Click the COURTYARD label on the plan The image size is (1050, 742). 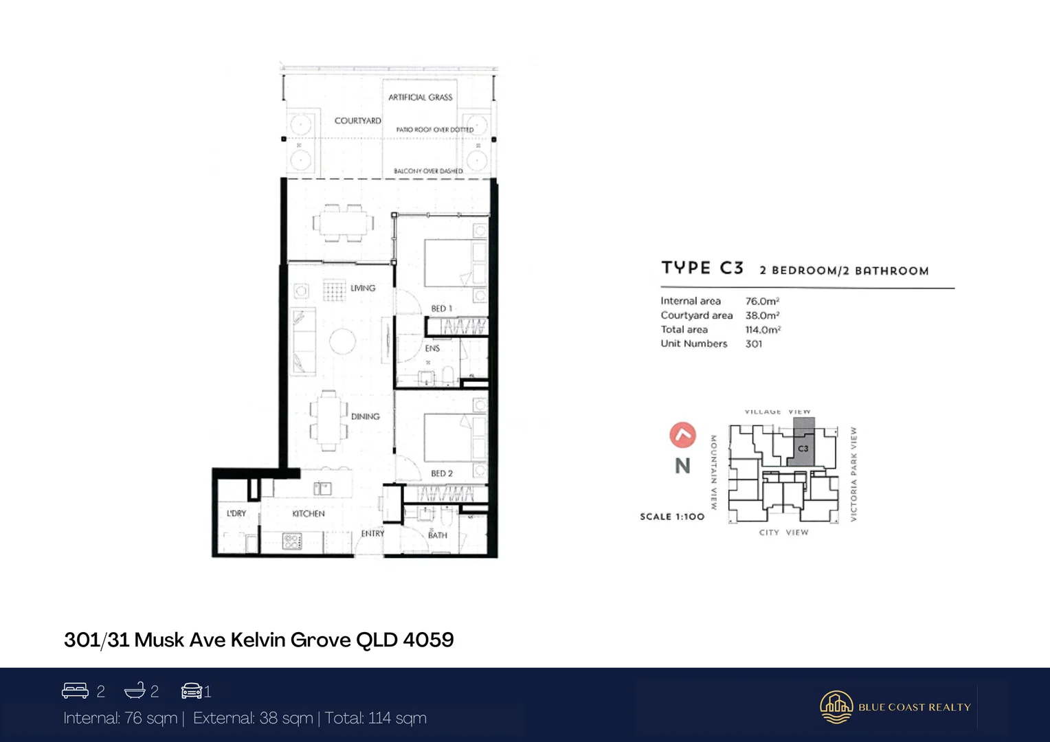(x=357, y=121)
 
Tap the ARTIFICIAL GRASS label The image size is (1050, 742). (x=420, y=98)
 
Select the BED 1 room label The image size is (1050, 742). (x=441, y=308)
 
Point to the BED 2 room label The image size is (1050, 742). (x=441, y=473)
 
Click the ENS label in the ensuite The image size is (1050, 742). (x=432, y=348)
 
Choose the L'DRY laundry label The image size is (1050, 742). (x=236, y=513)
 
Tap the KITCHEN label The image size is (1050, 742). (x=308, y=513)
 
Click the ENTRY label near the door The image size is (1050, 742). (x=372, y=533)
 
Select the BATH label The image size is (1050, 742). (x=438, y=535)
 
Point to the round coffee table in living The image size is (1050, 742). (x=342, y=341)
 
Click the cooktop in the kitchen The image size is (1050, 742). (x=292, y=541)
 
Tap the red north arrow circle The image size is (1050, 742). (x=682, y=435)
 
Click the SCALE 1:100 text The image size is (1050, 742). (x=671, y=517)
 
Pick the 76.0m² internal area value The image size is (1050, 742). (x=762, y=301)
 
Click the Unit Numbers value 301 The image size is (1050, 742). (x=753, y=344)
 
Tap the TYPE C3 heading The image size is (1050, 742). (x=702, y=268)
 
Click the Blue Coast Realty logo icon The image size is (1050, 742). (x=836, y=707)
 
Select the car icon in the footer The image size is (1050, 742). (x=191, y=690)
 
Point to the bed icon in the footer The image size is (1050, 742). (x=75, y=690)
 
